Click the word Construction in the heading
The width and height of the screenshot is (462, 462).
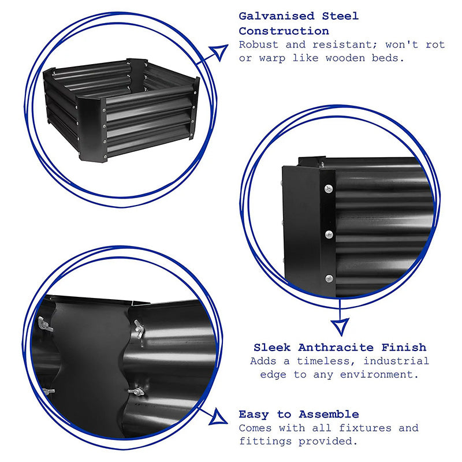click(x=284, y=31)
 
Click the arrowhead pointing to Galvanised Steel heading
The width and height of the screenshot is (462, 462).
click(x=218, y=53)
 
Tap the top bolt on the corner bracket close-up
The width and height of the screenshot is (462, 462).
click(x=329, y=188)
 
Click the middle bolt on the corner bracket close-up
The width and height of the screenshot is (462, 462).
click(x=329, y=234)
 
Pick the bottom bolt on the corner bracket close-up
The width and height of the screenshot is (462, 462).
click(x=329, y=278)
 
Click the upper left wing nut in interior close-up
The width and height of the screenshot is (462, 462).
click(x=44, y=324)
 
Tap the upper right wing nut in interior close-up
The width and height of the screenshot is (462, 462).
click(x=139, y=327)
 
